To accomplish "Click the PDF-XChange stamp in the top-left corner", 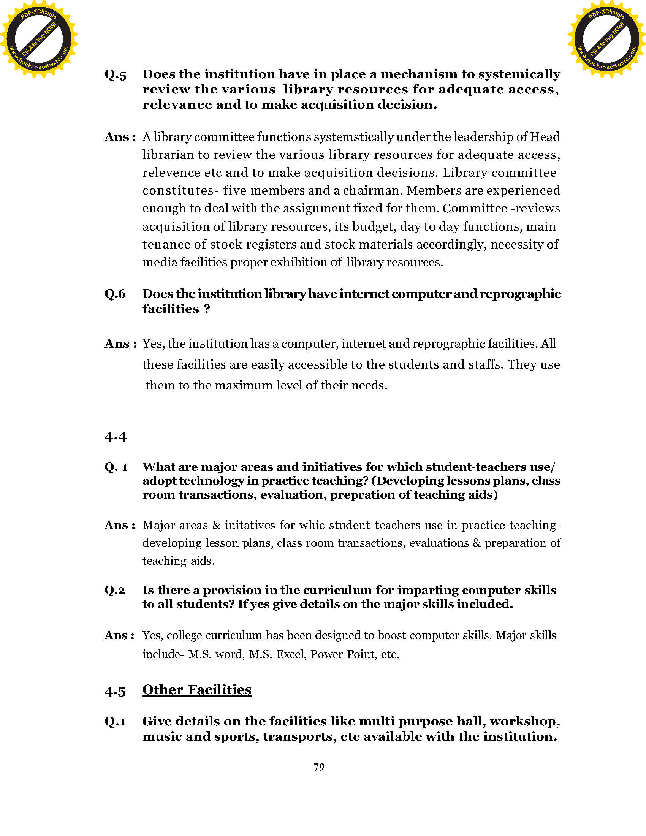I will [39, 39].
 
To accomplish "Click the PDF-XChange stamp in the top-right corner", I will [607, 39].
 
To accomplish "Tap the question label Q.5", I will [116, 75].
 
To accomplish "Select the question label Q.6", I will [115, 294].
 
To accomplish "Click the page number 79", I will [319, 767].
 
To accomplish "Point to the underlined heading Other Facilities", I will [197, 690].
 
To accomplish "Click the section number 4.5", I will [115, 692].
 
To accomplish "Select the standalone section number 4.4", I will [115, 437].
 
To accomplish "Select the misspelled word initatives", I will [250, 525].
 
